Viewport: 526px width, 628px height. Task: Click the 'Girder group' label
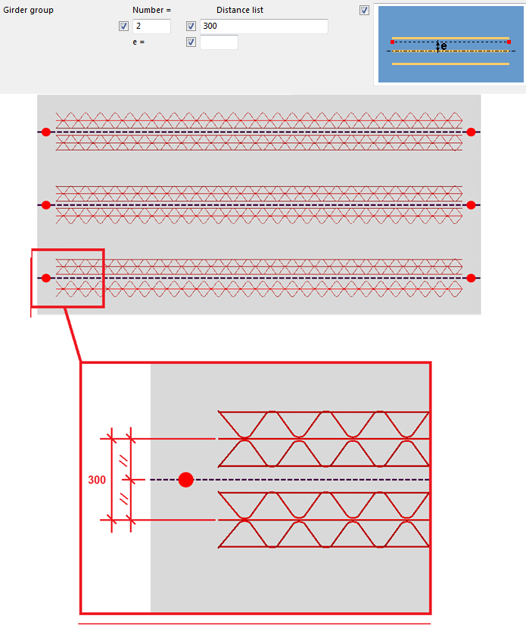click(x=29, y=11)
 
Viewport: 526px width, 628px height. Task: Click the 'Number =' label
click(x=151, y=11)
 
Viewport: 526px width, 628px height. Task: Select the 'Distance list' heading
click(x=240, y=11)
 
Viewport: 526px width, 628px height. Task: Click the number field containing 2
click(x=151, y=26)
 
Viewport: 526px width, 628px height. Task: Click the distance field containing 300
click(x=263, y=26)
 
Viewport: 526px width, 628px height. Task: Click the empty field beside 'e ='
click(x=219, y=42)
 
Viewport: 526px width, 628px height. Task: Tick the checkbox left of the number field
click(x=124, y=26)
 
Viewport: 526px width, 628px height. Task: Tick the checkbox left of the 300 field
click(x=191, y=26)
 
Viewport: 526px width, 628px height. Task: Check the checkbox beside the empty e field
click(x=191, y=42)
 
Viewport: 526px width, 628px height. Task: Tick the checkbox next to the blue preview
click(x=365, y=11)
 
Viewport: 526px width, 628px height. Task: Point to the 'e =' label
click(x=139, y=42)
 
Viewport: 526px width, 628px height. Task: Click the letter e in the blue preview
click(x=444, y=46)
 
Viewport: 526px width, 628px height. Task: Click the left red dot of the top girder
click(x=46, y=132)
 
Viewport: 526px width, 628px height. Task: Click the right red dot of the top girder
click(x=471, y=132)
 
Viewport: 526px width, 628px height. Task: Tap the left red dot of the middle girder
click(x=46, y=205)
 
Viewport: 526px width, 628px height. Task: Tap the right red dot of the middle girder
click(x=471, y=205)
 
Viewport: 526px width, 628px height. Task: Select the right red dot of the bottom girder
click(x=471, y=278)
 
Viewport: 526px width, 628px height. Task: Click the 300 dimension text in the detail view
click(x=97, y=480)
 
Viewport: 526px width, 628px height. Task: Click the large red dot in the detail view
click(x=186, y=480)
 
